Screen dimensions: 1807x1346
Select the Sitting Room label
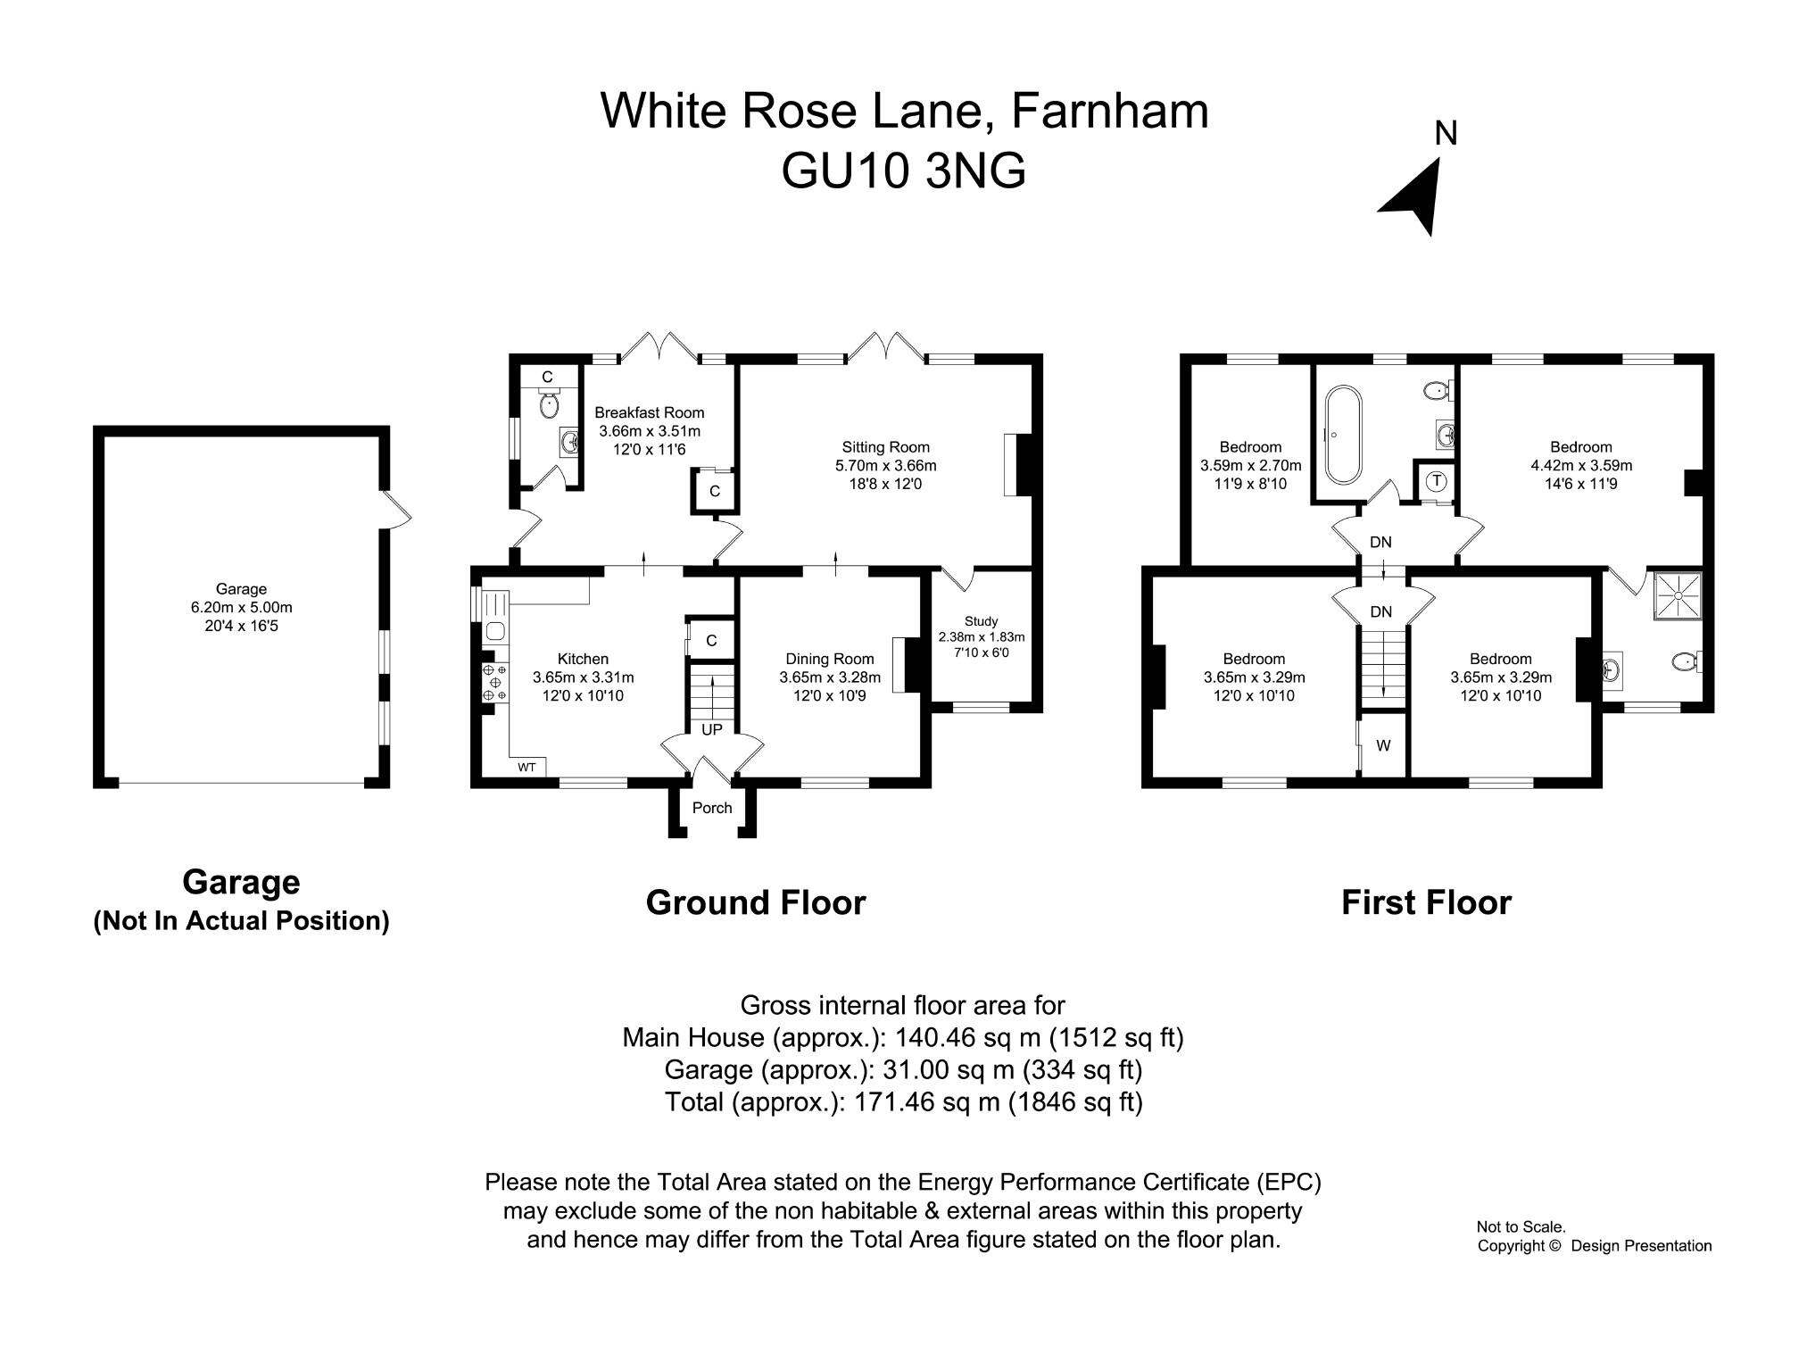click(885, 447)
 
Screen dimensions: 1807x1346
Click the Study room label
click(981, 621)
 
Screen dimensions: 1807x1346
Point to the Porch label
click(712, 808)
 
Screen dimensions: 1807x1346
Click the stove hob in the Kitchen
click(493, 682)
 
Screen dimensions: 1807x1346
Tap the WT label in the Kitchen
click(526, 767)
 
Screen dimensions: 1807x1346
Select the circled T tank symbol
click(1436, 481)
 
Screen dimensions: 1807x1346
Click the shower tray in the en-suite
click(1678, 595)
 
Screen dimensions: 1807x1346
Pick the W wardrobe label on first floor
click(1383, 745)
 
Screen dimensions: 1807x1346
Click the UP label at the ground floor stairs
click(712, 729)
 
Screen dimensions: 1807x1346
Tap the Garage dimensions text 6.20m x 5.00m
click(241, 608)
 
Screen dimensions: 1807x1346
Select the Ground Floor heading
click(755, 902)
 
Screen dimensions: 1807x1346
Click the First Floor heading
click(1426, 902)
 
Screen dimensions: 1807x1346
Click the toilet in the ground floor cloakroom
click(549, 406)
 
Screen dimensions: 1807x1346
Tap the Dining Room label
click(829, 660)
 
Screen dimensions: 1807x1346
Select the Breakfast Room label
click(649, 412)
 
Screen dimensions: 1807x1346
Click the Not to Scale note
click(1521, 1227)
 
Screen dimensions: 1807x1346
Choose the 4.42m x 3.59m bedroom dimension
click(1580, 465)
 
